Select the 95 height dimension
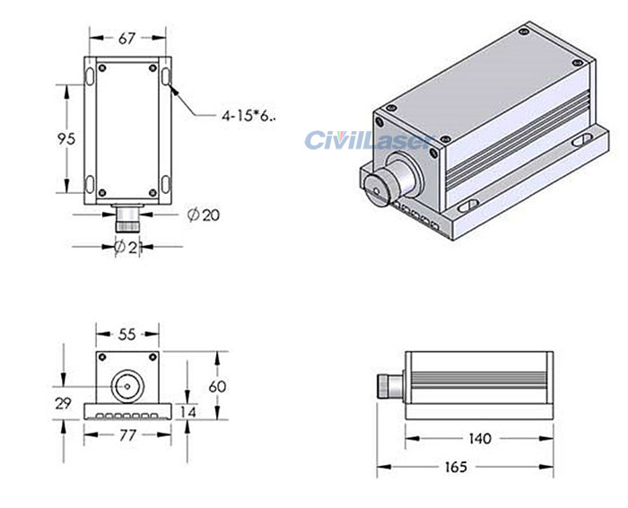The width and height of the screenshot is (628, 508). [x=65, y=138]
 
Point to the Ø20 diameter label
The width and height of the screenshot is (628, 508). [x=203, y=215]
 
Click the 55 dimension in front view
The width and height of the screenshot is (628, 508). [x=126, y=334]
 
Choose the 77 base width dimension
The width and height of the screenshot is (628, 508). [x=126, y=435]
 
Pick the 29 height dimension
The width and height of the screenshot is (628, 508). [x=62, y=404]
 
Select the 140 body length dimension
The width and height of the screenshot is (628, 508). [x=480, y=438]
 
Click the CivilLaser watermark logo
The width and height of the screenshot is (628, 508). [x=369, y=140]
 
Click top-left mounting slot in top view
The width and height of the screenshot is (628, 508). [x=91, y=75]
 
